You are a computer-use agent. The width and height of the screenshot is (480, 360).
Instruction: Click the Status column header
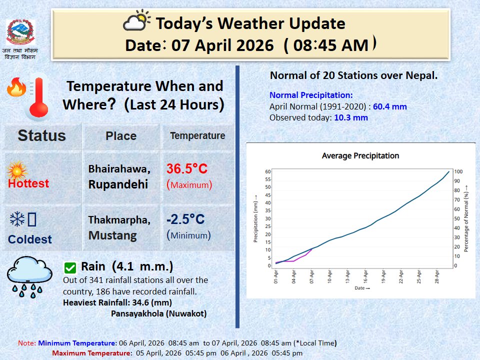click(x=41, y=135)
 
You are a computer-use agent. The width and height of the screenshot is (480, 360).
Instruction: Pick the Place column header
click(x=121, y=136)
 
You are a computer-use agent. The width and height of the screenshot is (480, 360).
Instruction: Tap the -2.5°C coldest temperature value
click(x=185, y=219)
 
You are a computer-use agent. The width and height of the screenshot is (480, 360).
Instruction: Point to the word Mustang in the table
click(x=112, y=235)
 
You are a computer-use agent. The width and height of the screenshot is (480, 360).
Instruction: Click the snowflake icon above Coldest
click(x=17, y=219)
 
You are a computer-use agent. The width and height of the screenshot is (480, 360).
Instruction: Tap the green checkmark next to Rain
click(x=70, y=267)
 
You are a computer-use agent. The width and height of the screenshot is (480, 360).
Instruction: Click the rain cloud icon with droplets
click(x=29, y=276)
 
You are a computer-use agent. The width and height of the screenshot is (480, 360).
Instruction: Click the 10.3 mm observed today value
click(x=351, y=117)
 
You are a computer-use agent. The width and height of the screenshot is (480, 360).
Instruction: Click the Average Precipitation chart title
click(x=360, y=155)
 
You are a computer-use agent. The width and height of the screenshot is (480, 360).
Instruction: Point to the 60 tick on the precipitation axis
click(x=267, y=171)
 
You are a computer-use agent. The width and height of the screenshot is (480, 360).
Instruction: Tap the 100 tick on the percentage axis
click(x=458, y=171)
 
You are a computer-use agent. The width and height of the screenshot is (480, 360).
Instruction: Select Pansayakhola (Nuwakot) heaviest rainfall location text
click(x=158, y=313)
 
